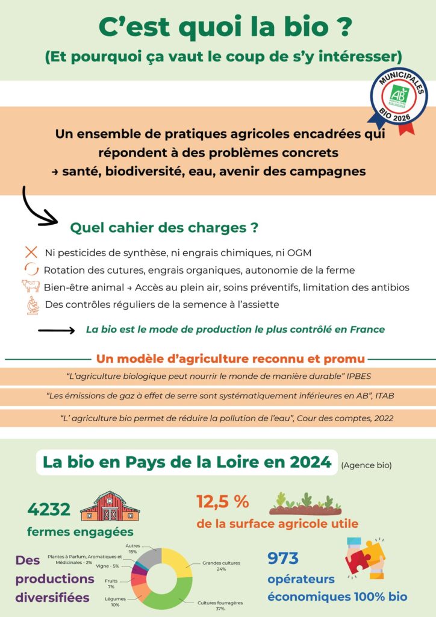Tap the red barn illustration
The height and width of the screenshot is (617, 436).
110,506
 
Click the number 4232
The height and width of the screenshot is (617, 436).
49,509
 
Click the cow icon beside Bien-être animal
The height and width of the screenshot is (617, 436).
30,286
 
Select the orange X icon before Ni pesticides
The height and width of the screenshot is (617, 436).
31,252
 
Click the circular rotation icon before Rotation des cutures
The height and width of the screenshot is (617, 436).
31,269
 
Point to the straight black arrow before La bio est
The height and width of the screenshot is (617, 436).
56,330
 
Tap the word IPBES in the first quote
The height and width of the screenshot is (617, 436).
358,376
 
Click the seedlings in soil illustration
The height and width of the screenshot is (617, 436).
305,504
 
